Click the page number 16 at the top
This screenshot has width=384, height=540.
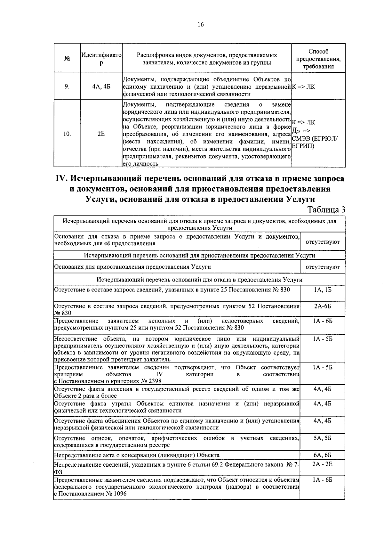201,25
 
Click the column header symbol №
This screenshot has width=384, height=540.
67,59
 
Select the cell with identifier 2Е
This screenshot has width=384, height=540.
101,134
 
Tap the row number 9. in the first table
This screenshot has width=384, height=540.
67,86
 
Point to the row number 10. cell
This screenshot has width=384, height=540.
67,134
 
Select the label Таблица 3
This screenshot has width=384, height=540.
326,210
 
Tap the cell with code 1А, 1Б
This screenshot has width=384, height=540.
323,290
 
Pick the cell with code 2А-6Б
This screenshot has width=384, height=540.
323,306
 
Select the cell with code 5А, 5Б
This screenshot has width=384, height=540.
323,438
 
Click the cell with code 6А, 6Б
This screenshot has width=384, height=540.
323,455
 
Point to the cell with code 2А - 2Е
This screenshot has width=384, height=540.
323,463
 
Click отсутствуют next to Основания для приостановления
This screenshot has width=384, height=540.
323,267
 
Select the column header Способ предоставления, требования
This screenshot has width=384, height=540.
318,59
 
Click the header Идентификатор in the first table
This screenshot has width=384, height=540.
101,59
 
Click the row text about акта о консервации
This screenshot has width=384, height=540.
137,455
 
